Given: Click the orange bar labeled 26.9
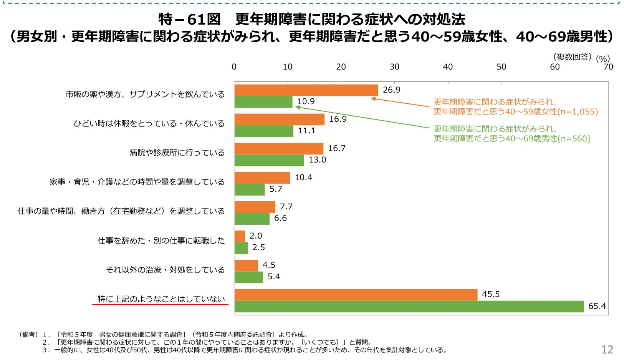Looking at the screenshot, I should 306,90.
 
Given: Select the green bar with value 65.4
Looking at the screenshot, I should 409,306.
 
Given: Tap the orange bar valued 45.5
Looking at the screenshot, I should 356,295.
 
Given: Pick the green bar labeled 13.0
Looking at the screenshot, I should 269,160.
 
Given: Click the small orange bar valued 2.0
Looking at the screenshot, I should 240,236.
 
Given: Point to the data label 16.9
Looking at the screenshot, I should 338,119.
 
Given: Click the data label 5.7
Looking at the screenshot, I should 275,189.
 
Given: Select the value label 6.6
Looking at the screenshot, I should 280,218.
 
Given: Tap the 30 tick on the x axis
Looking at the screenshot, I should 394,67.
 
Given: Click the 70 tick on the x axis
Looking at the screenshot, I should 608,67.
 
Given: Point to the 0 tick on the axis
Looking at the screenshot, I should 234,67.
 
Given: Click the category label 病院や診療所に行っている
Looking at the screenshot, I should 177,153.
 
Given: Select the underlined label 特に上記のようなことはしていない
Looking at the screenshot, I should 161,299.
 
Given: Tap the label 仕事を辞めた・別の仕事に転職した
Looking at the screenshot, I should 161,241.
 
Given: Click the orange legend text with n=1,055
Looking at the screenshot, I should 515,107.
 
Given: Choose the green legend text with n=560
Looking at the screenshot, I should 511,134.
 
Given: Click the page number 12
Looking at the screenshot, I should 607,349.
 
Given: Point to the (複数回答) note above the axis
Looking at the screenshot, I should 572,57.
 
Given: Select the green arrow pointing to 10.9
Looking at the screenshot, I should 361,118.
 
